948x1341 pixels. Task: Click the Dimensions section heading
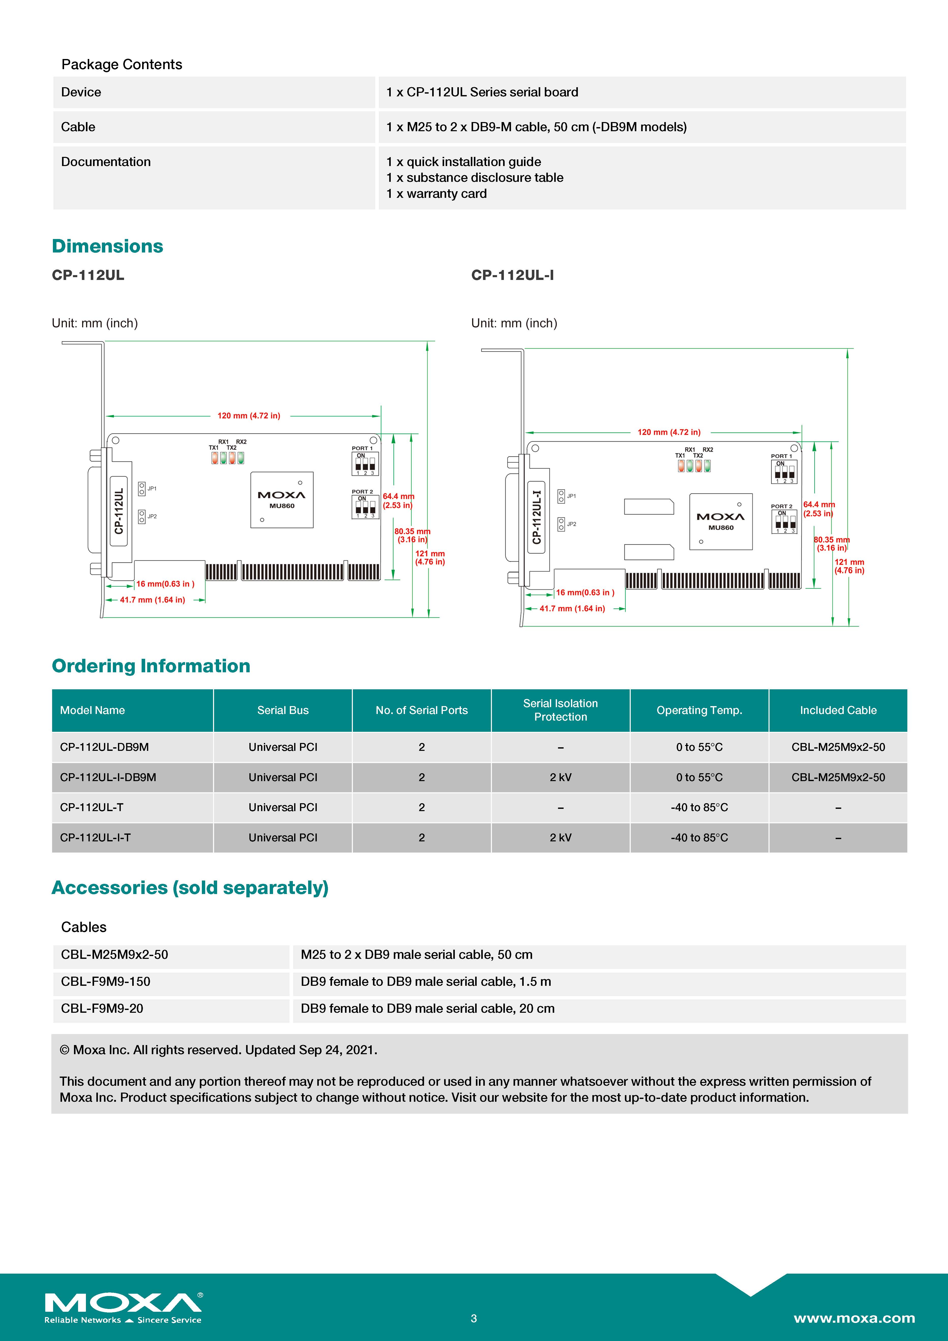click(108, 246)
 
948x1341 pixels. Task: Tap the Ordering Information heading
click(151, 666)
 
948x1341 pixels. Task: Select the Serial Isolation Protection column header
click(560, 710)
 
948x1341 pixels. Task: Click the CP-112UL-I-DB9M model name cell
click(108, 777)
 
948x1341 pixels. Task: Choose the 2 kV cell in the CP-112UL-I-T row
click(560, 838)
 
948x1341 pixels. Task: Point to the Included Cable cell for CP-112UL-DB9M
click(838, 747)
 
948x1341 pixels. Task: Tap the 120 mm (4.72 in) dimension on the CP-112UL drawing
click(249, 416)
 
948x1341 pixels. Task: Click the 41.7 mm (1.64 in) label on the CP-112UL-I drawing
click(572, 609)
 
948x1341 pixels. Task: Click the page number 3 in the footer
click(474, 1318)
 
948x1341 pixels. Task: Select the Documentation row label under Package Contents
click(106, 162)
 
